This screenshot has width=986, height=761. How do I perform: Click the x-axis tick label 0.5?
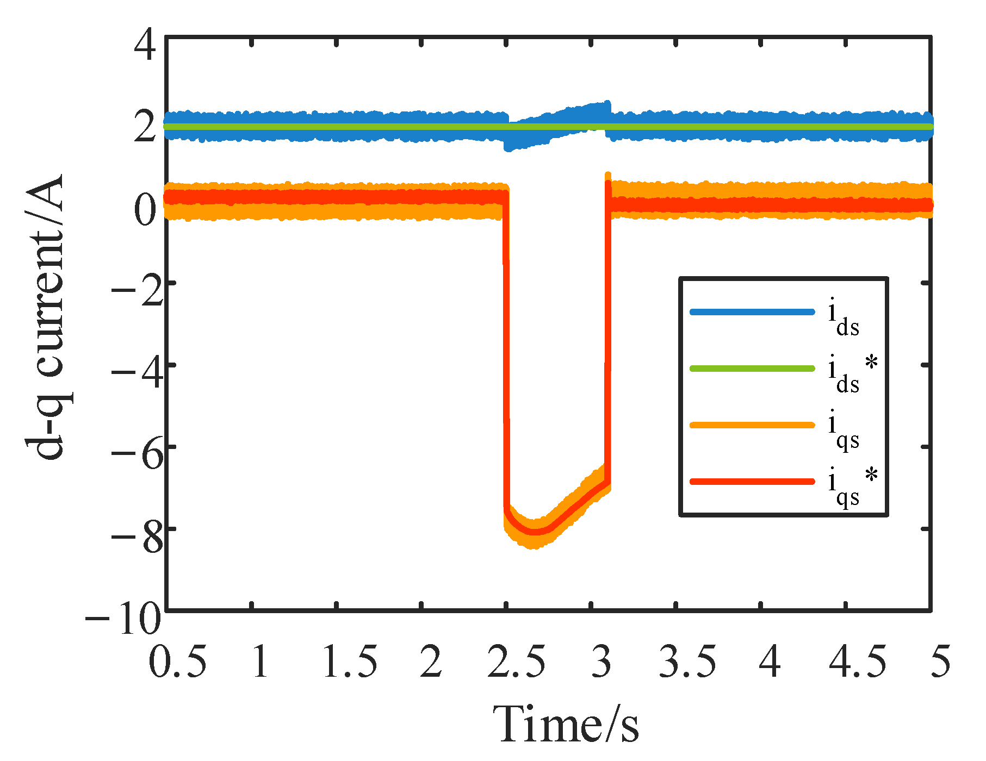[x=177, y=662]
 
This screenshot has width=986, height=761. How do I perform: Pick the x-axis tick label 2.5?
[x=516, y=662]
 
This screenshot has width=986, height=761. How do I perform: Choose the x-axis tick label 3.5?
[x=687, y=662]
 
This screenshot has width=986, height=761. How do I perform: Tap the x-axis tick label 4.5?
[x=857, y=662]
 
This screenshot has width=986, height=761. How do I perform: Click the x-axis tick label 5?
[x=940, y=662]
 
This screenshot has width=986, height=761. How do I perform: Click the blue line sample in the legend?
[x=752, y=312]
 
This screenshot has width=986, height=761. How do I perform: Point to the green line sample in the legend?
[x=752, y=369]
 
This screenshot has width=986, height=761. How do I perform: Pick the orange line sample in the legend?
[x=752, y=425]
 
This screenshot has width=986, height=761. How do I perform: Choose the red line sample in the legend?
[x=752, y=482]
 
